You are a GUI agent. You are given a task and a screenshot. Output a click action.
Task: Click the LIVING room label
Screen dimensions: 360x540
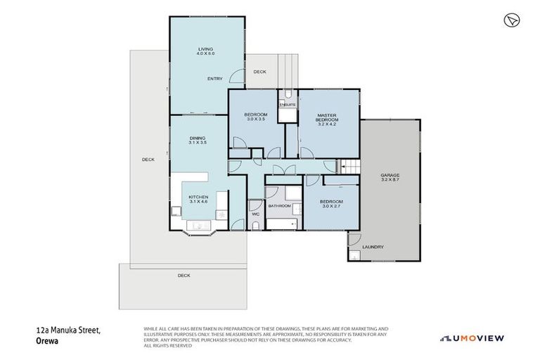pos(205,49)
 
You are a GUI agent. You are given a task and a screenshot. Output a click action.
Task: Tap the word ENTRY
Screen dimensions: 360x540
pos(215,79)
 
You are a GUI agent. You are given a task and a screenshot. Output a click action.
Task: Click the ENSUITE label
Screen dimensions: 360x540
pos(288,105)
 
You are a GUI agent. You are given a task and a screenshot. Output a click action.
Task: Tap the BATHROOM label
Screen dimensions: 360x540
pos(279,206)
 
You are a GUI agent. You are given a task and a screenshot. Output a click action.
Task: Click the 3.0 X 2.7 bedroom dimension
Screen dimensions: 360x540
pos(330,207)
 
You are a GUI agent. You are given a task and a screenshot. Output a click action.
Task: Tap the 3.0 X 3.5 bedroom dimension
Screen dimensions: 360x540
pos(256,120)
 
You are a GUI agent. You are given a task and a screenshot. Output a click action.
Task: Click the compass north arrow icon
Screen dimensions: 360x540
pos(511,20)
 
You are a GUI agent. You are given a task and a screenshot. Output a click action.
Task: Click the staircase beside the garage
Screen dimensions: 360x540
pos(350,167)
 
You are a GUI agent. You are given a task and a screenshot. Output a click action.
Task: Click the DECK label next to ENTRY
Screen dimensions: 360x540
pos(259,72)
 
